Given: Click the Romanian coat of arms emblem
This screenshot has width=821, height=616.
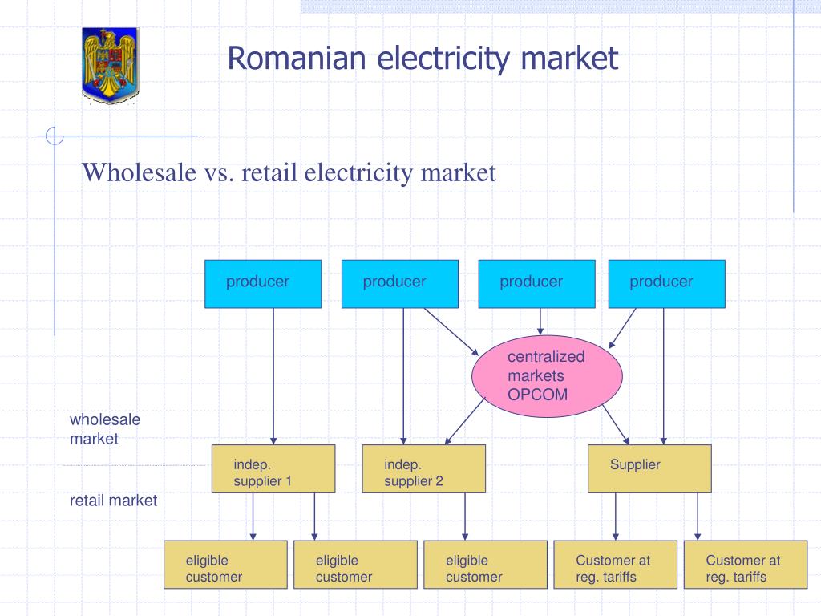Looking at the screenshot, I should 110,65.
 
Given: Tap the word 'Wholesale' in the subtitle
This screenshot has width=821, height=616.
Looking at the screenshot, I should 135,172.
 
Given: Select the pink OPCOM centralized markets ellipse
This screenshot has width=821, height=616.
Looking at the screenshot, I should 547,376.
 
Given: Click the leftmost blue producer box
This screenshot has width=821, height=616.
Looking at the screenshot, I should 263,284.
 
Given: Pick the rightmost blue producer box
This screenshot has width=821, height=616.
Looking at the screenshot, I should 666,284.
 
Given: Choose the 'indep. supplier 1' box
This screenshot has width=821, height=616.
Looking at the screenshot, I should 273,468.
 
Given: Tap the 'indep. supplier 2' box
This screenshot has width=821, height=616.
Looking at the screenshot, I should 423,468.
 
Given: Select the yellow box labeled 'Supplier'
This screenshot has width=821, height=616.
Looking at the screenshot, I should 649,468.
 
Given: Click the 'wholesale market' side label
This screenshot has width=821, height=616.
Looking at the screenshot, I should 104,429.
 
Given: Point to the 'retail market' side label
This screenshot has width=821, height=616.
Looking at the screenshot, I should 113,500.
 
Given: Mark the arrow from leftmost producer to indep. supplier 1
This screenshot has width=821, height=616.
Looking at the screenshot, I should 273,377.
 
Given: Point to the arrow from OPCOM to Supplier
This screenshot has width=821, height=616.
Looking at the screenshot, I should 615,423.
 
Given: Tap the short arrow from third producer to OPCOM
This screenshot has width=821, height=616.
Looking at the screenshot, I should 540,322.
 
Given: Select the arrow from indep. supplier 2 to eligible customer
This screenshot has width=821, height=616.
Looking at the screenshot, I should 464,516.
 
